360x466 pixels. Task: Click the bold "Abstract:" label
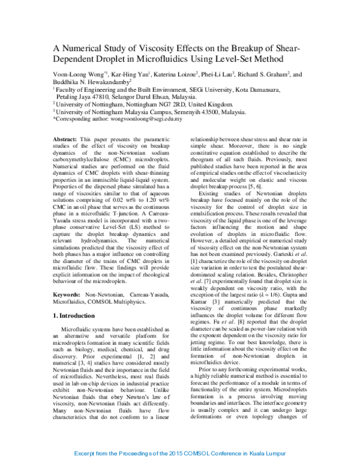(x=65, y=138)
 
